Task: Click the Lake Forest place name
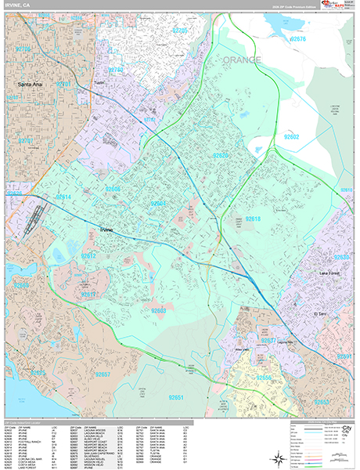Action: (x=333, y=273)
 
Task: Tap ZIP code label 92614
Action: (x=63, y=197)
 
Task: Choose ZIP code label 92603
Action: (x=159, y=311)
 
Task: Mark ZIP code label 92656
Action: (x=265, y=378)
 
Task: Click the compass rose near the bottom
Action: (x=279, y=457)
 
